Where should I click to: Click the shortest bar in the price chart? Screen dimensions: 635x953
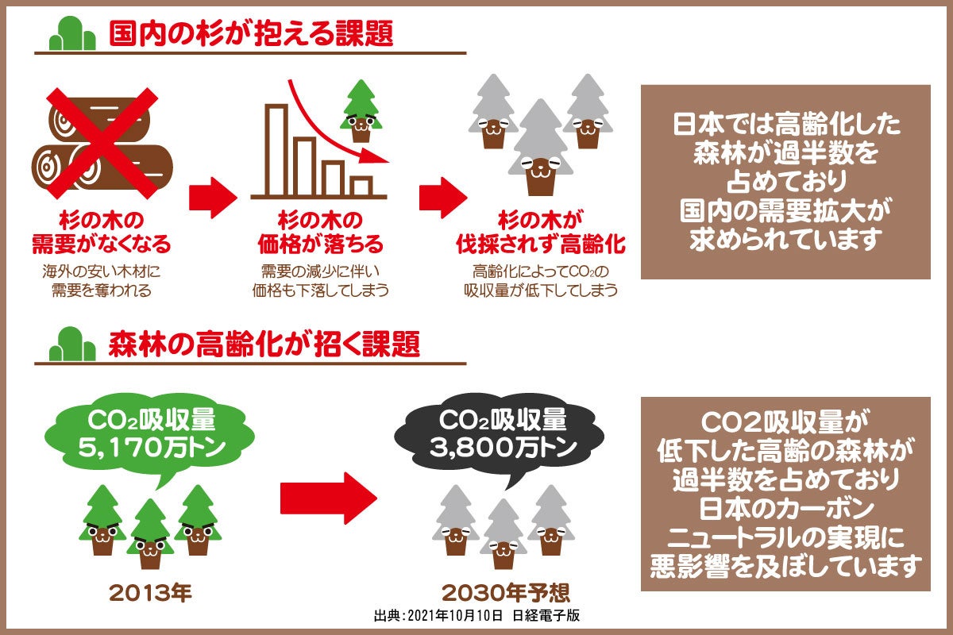pyautogui.click(x=361, y=186)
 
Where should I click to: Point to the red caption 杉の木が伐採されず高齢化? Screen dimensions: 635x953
pyautogui.click(x=540, y=230)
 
